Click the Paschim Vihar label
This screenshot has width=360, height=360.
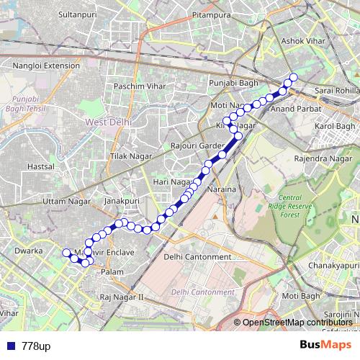pyautogui.click(x=139, y=86)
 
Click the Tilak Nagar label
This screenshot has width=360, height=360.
pyautogui.click(x=129, y=155)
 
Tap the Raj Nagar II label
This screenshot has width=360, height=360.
pyautogui.click(x=122, y=297)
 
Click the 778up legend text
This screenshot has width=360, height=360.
pyautogui.click(x=36, y=346)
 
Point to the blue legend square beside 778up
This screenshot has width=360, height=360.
pyautogui.click(x=9, y=346)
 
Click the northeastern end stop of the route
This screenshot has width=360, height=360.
pyautogui.click(x=293, y=77)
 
